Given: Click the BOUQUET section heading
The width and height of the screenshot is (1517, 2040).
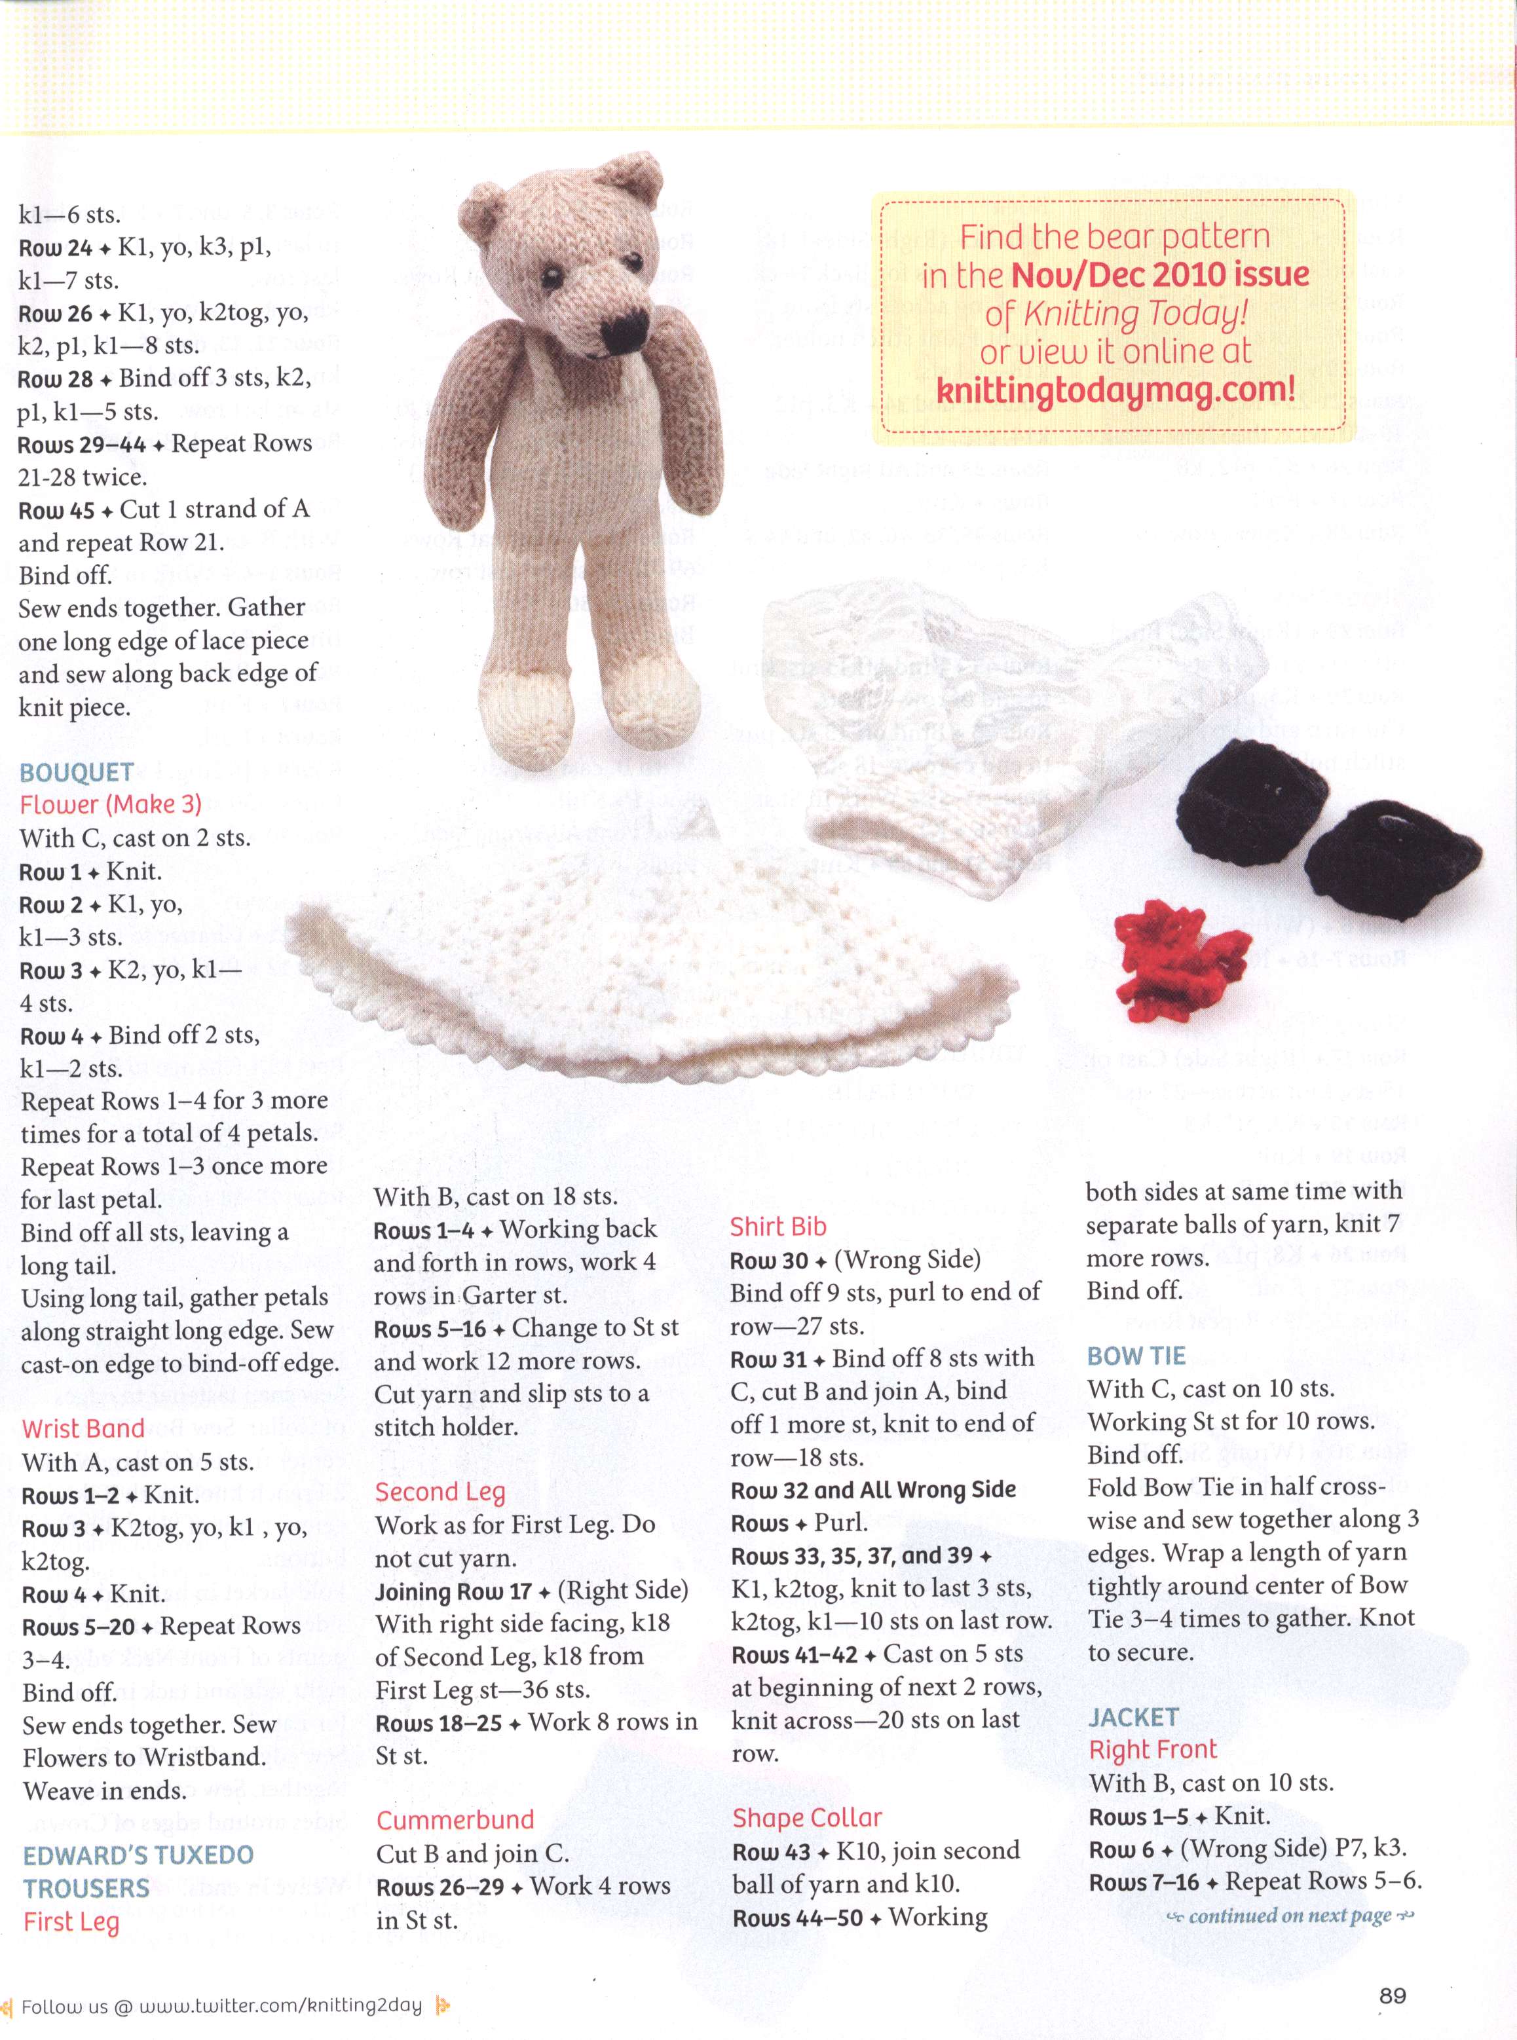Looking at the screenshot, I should pos(77,772).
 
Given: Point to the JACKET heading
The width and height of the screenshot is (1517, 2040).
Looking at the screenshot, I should pos(1133,1717).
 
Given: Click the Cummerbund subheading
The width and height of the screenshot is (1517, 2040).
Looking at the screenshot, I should pos(455,1820).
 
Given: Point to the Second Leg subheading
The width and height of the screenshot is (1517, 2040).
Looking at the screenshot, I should pos(440,1492).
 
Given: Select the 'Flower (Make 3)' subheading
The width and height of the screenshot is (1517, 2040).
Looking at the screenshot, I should pos(110,804).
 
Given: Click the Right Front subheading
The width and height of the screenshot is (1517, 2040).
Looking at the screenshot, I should pos(1152,1750).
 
